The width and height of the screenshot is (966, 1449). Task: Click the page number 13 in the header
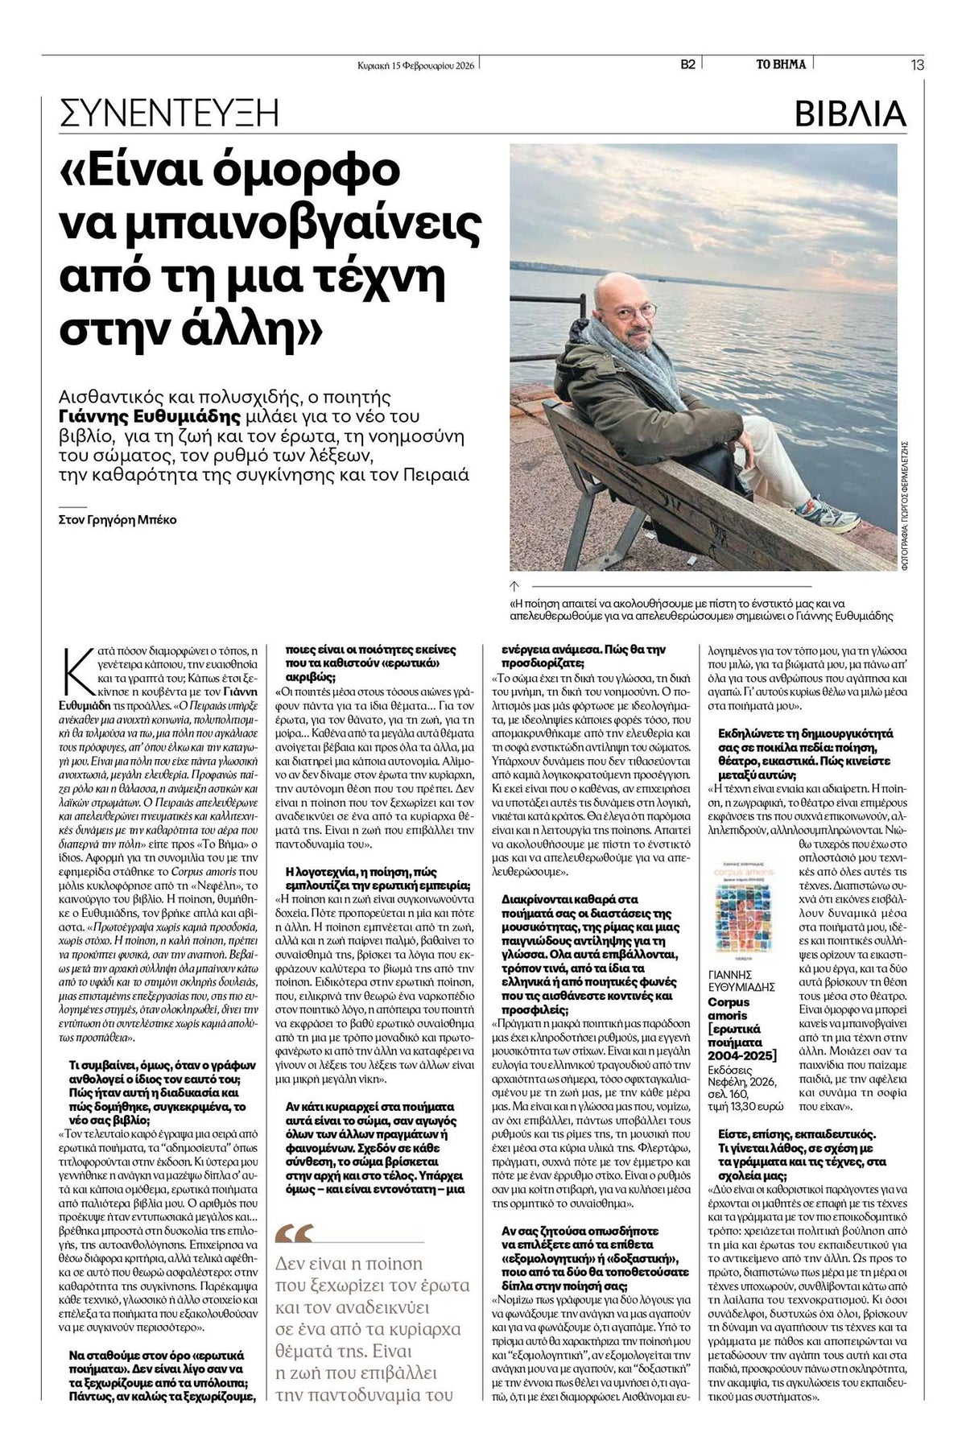tap(918, 65)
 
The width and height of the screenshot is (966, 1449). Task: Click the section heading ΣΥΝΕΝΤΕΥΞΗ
tap(170, 114)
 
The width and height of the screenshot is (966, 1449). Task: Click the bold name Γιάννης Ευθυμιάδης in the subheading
tap(151, 416)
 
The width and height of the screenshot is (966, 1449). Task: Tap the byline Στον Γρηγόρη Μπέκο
tap(118, 519)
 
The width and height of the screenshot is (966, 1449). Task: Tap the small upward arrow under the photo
tap(515, 586)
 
